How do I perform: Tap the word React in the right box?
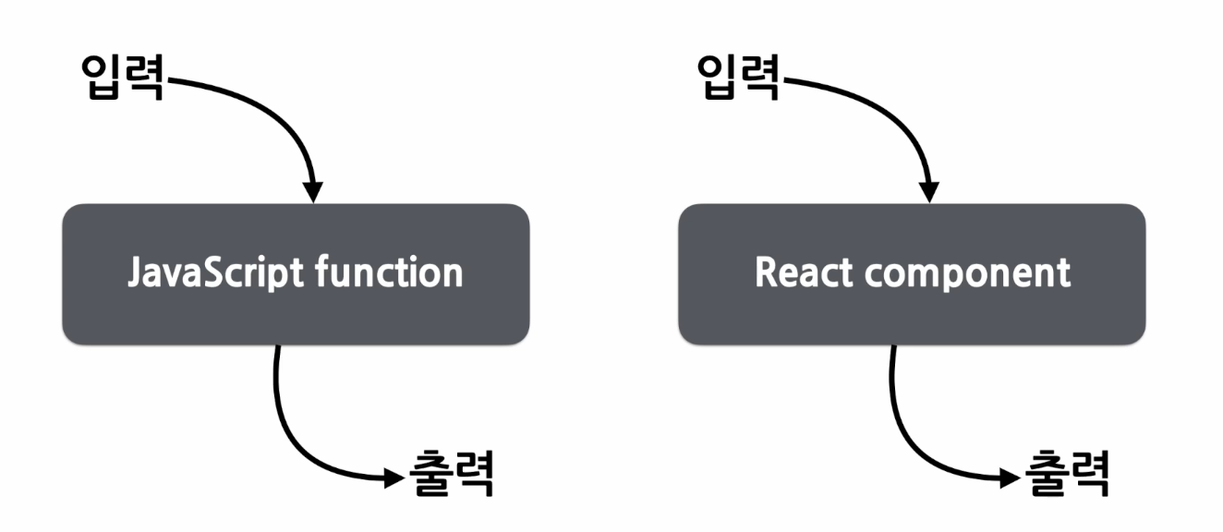coord(795,273)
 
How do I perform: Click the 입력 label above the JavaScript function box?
coord(123,78)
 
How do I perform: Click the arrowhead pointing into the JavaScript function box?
coord(314,191)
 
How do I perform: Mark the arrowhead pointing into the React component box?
coord(930,191)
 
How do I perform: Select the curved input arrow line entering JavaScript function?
coord(277,106)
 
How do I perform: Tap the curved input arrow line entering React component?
coord(893,106)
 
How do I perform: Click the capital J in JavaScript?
coord(134,273)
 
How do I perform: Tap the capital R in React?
coord(764,273)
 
